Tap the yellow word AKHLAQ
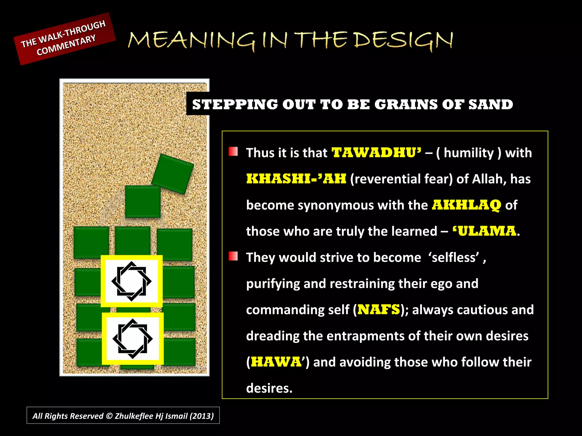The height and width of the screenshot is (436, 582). tap(466, 205)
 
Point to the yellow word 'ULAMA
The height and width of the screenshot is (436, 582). tap(484, 231)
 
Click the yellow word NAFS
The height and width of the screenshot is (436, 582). tap(379, 310)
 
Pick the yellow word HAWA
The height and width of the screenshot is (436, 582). tap(276, 362)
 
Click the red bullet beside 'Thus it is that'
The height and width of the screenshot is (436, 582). tap(233, 152)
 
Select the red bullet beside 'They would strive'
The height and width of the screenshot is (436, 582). tap(233, 256)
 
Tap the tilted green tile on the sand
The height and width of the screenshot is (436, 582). tap(172, 174)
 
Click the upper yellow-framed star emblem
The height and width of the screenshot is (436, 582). tap(132, 281)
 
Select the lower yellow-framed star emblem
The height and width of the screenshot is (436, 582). tap(133, 339)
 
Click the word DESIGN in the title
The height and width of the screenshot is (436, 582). tap(404, 40)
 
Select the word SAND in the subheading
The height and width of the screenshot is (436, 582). tap(490, 104)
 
